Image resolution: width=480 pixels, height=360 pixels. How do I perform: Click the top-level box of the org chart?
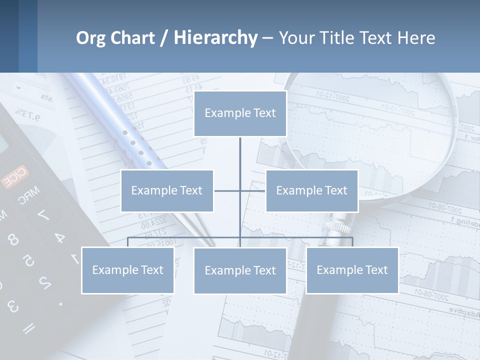pyautogui.click(x=240, y=113)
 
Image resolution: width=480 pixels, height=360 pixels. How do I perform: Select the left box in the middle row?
pyautogui.click(x=167, y=190)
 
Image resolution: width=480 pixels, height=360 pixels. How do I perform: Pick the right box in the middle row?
pyautogui.click(x=311, y=190)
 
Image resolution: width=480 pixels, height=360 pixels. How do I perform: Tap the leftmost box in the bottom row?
pyautogui.click(x=127, y=270)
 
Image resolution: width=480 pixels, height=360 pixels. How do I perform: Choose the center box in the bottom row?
pyautogui.click(x=240, y=270)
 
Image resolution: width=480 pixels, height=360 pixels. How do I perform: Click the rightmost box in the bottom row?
pyautogui.click(x=352, y=270)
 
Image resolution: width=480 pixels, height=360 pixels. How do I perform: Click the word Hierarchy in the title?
pyautogui.click(x=215, y=38)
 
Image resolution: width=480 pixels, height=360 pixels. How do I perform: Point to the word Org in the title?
pyautogui.click(x=90, y=38)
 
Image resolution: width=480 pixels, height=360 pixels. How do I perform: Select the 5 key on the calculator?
pyautogui.click(x=28, y=260)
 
